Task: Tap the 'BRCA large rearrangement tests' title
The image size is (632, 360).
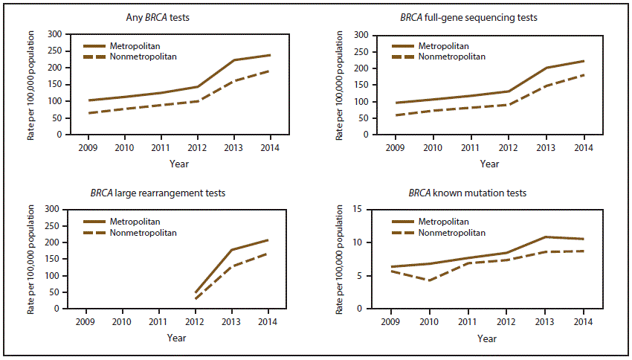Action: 169,193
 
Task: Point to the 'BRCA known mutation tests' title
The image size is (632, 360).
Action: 468,193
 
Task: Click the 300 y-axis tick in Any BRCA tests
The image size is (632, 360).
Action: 54,34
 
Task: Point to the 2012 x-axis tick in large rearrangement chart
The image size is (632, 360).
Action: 194,322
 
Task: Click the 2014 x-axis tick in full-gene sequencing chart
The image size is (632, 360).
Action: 583,147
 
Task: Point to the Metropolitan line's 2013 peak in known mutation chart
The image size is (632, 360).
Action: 545,237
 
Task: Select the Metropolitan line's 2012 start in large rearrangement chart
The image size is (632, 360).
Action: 194,292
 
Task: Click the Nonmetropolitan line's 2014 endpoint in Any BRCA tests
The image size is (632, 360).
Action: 269,71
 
